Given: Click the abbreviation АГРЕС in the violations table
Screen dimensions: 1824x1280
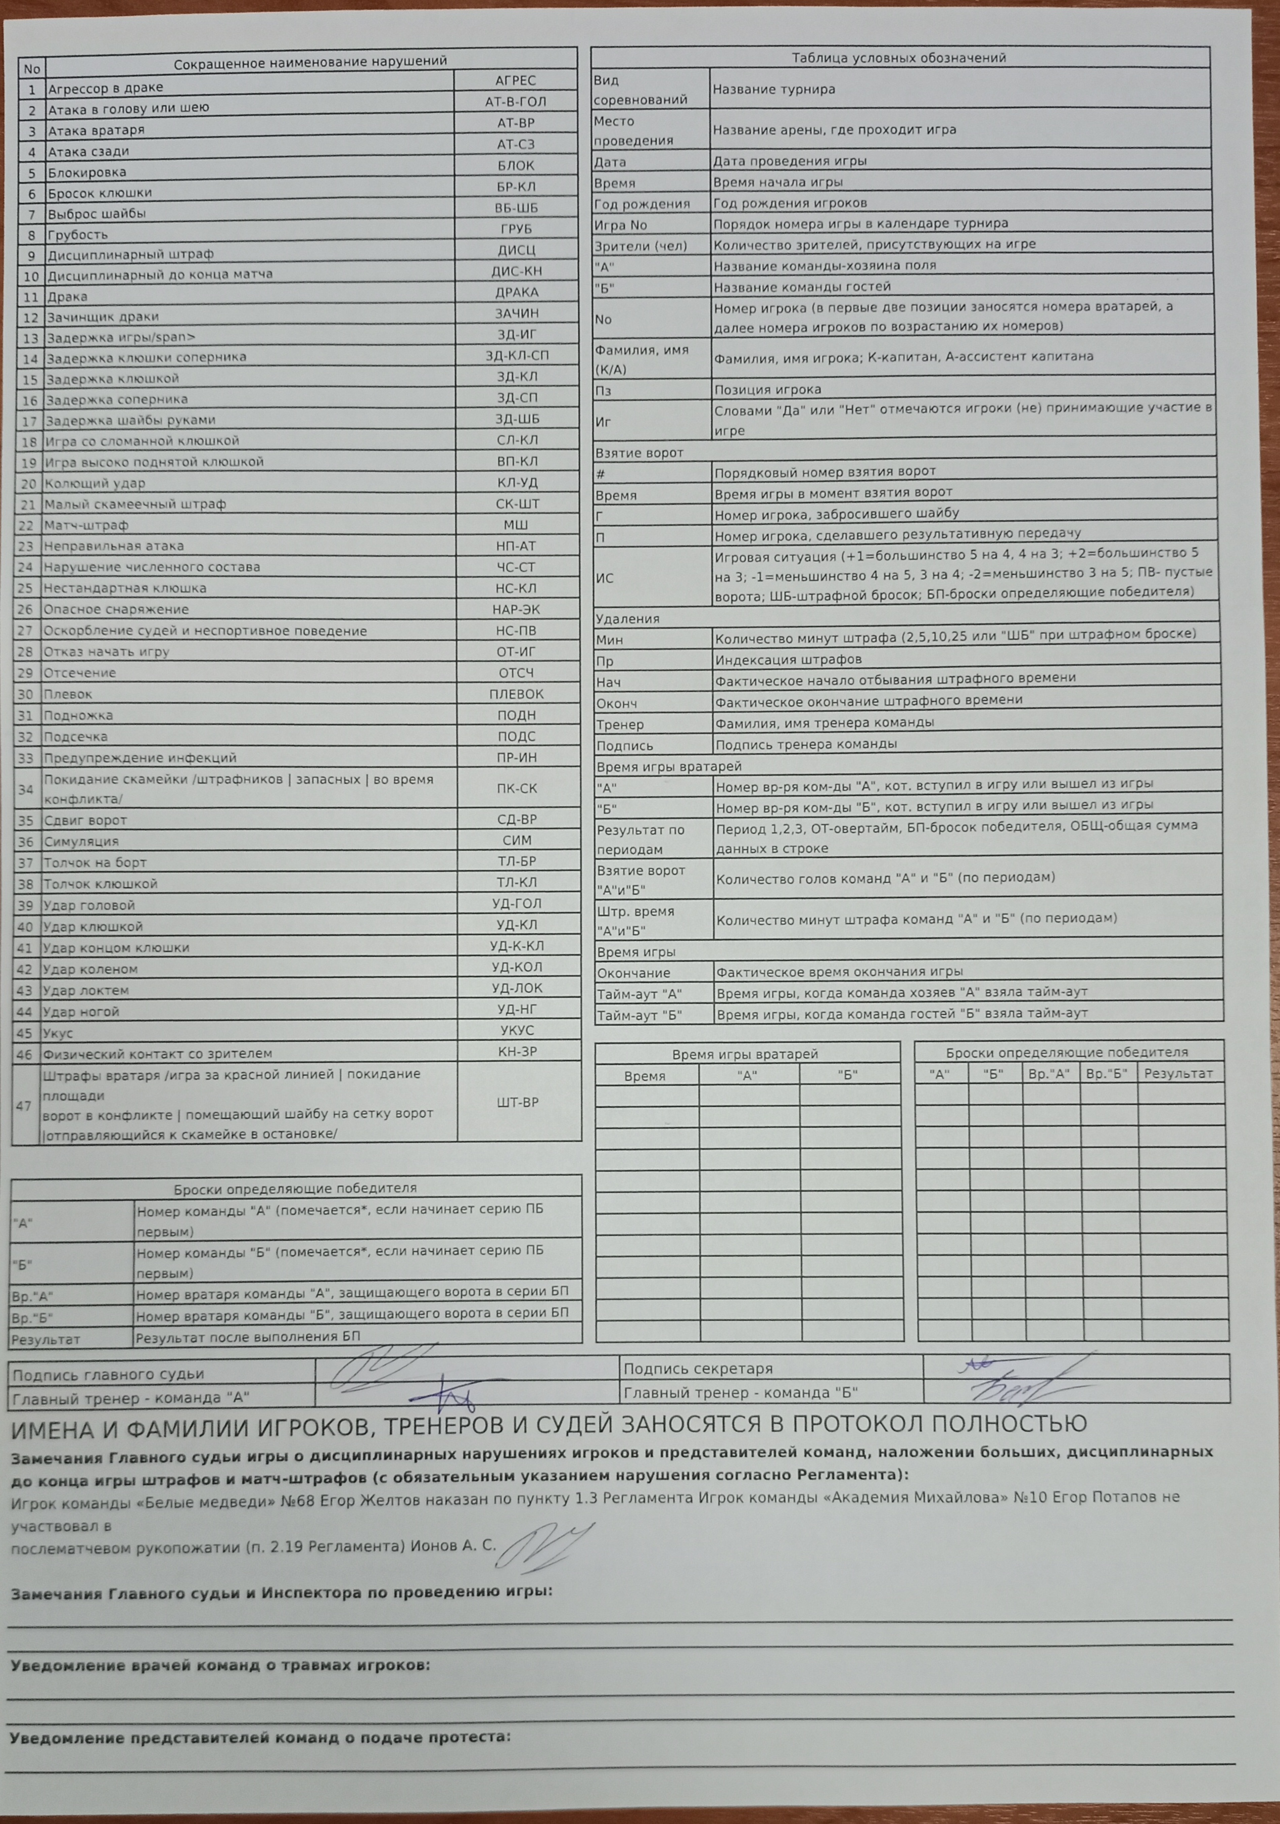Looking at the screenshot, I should point(516,80).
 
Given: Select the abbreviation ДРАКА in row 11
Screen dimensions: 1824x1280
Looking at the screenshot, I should point(517,292).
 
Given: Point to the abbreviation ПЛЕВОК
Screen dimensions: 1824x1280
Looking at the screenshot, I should point(517,694).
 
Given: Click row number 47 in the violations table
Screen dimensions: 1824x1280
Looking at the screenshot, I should point(24,1105).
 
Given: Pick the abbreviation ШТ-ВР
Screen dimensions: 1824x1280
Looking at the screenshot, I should point(517,1103).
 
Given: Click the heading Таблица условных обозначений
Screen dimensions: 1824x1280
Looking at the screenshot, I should point(899,57).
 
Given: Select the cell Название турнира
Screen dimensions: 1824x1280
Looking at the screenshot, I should point(774,89).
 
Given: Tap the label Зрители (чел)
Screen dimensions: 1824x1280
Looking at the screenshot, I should point(641,246).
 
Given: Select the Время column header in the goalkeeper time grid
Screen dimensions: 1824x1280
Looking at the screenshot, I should point(645,1076).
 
